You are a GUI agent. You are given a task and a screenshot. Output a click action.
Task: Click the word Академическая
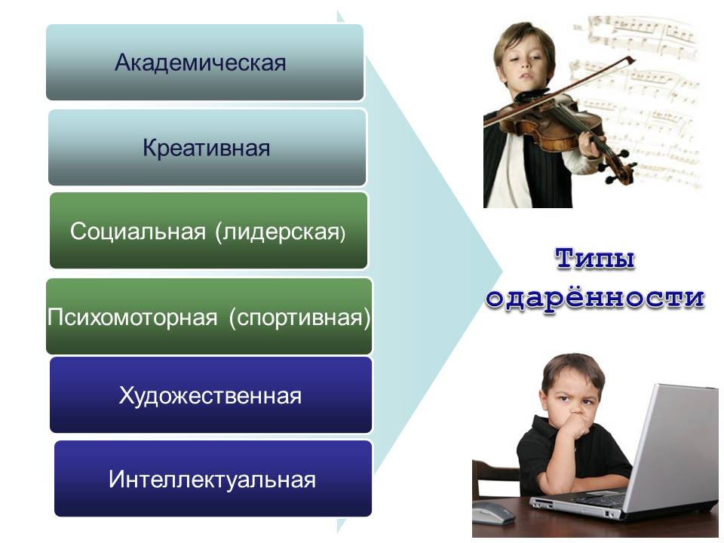(201, 63)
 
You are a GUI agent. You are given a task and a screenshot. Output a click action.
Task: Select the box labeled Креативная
(207, 147)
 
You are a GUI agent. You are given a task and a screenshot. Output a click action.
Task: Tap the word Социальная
(137, 231)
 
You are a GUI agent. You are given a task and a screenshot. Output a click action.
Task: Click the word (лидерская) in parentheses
(281, 232)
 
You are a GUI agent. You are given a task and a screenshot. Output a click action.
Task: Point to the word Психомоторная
(132, 318)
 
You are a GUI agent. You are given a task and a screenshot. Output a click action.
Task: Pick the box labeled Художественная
(210, 394)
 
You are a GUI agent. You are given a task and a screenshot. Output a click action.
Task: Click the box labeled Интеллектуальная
(213, 478)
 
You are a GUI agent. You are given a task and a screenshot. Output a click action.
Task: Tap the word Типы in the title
(595, 259)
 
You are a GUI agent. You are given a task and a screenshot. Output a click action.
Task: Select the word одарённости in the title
(595, 298)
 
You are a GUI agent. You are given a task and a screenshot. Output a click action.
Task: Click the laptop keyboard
(596, 499)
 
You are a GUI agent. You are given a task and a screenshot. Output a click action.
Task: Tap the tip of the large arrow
(502, 271)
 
